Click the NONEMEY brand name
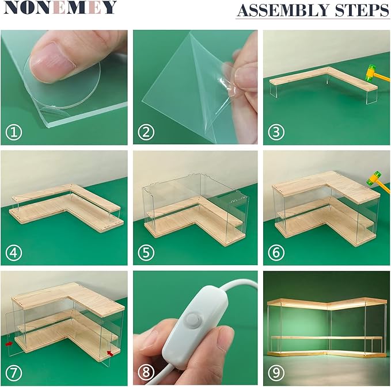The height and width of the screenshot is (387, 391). pos(60,7)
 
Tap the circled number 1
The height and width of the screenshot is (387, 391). pos(14,132)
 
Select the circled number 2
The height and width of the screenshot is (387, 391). pos(146,132)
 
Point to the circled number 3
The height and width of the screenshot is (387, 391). pos(276,132)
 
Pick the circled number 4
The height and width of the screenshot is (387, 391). pos(14,252)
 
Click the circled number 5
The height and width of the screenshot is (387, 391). pos(146,252)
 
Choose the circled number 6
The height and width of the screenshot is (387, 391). pos(276,252)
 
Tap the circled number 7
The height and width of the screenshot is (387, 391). pos(14,373)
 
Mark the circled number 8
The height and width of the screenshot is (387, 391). pos(146,373)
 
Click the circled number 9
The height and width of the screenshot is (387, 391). pos(276,373)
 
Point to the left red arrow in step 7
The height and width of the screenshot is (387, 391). pos(9,344)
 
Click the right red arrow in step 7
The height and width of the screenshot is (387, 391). pos(110,353)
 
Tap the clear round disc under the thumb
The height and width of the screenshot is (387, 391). pos(62,82)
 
